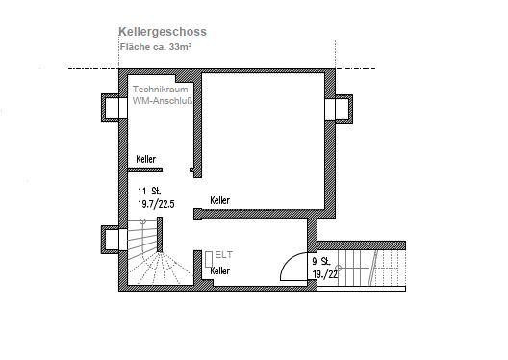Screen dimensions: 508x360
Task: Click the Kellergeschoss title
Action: tap(163, 32)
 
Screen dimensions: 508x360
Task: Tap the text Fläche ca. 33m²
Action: tap(155, 46)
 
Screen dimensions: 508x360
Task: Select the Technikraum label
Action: tap(160, 90)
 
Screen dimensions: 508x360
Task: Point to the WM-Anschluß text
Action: tap(163, 101)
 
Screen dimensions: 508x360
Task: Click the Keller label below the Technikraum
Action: tap(146, 159)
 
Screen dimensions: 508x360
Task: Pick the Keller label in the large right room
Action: tap(220, 200)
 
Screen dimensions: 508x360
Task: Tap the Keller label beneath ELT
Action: tap(220, 270)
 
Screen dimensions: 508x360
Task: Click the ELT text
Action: tap(224, 255)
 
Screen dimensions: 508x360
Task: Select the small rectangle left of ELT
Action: tap(209, 259)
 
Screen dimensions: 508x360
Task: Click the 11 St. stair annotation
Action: tap(149, 191)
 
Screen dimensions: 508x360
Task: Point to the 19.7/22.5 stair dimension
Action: tap(156, 204)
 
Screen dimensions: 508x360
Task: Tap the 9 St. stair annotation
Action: tap(321, 261)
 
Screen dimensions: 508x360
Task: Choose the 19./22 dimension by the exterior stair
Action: tap(325, 274)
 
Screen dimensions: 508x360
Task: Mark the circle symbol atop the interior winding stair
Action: tap(142, 221)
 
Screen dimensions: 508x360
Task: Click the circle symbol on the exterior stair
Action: tap(339, 268)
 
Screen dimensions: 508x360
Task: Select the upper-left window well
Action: tap(110, 108)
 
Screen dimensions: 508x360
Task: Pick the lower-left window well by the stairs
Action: tap(110, 240)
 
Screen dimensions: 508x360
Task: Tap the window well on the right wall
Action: tap(343, 109)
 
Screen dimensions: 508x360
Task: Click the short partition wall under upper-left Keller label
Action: tap(145, 170)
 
